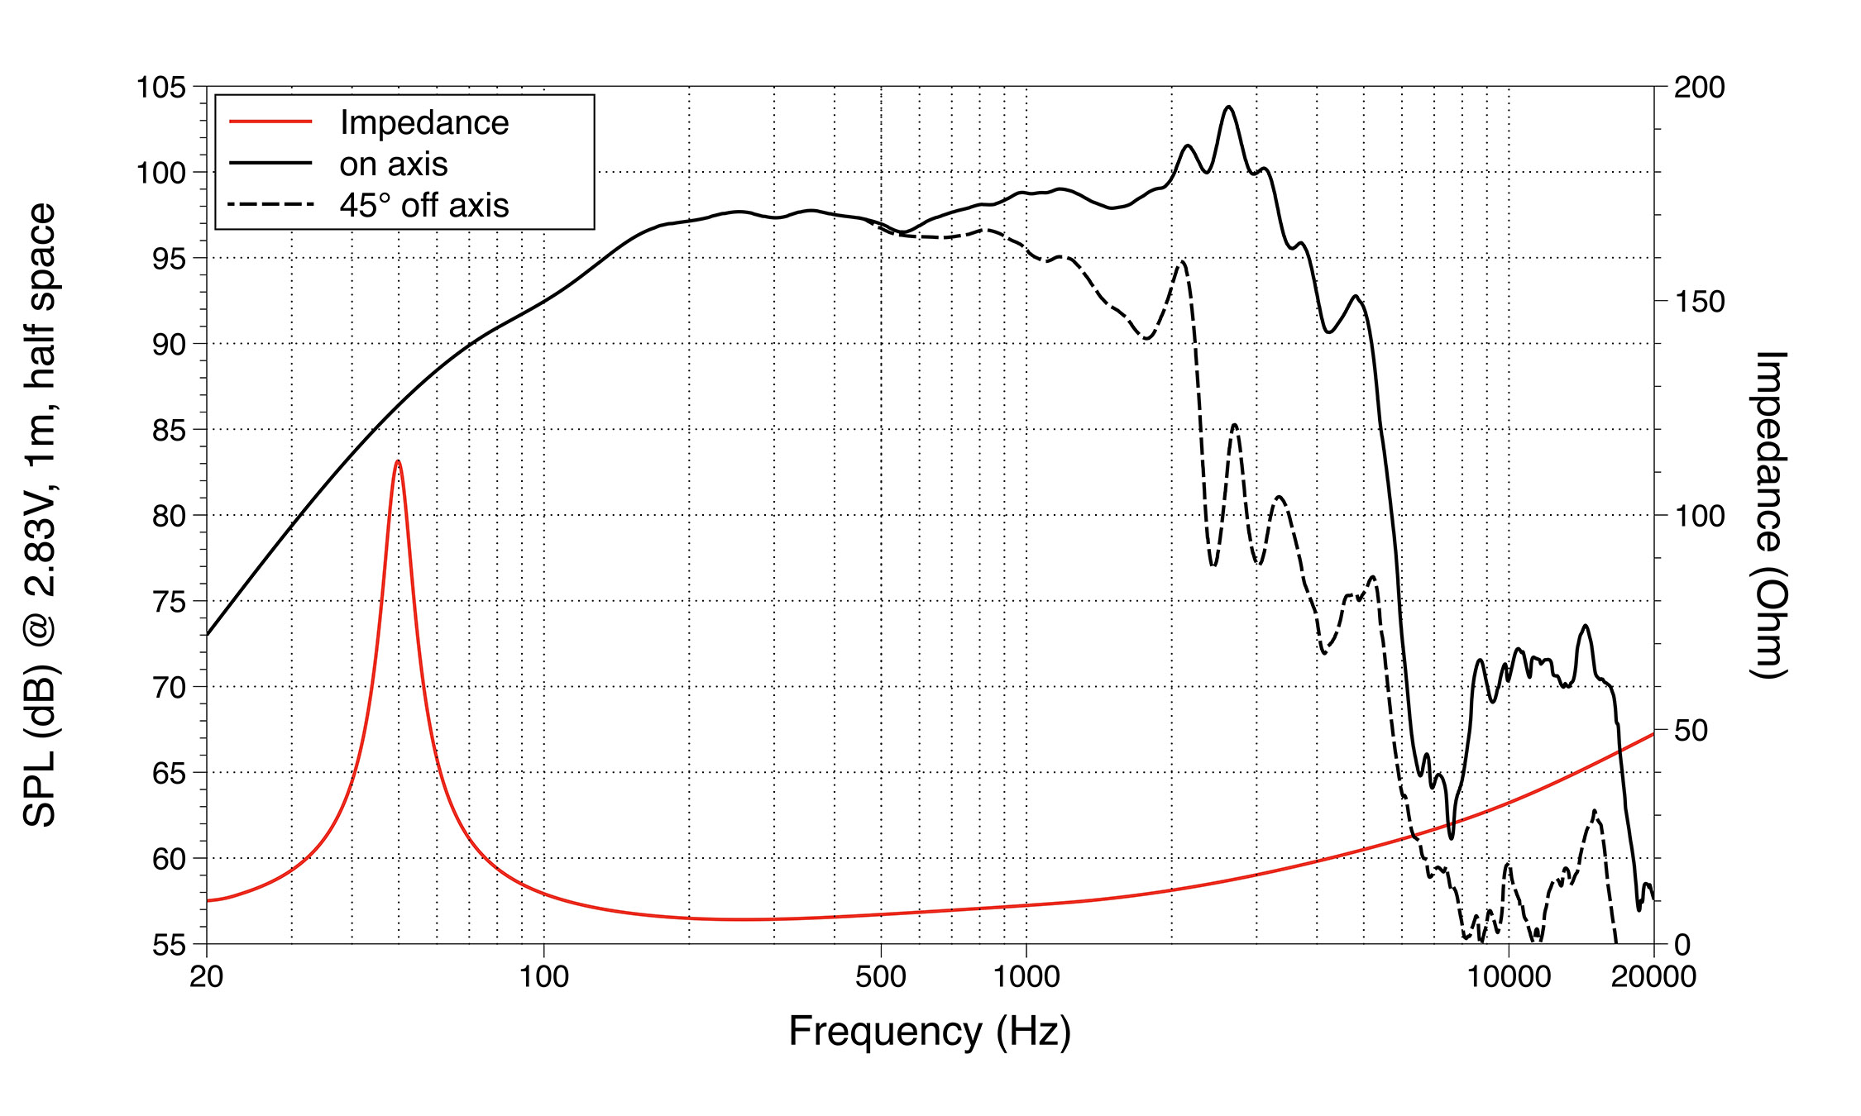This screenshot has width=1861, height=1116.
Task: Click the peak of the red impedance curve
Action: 398,462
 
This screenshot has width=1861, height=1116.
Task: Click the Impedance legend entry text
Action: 424,122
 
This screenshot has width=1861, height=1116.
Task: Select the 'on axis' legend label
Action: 394,164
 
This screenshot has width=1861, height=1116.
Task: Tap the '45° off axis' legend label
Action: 424,205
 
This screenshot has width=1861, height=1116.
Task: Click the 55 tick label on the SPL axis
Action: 169,944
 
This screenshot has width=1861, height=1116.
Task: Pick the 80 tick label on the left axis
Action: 169,516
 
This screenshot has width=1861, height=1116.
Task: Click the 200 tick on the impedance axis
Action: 1699,87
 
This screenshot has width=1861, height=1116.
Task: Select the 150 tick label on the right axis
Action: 1699,301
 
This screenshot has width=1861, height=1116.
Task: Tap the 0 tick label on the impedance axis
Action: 1682,944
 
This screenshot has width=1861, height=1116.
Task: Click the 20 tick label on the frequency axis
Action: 207,977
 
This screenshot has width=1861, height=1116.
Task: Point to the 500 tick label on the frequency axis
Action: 881,977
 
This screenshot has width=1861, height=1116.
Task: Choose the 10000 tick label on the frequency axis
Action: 1509,977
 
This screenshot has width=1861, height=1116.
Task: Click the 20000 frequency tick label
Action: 1653,977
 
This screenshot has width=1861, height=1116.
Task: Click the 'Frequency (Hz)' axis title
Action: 930,1032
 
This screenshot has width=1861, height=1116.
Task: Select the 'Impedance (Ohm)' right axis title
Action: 1769,514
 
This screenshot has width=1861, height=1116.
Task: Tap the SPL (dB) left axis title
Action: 40,514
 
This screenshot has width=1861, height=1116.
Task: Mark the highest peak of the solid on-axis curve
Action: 1228,107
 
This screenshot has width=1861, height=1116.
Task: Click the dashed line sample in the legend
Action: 270,204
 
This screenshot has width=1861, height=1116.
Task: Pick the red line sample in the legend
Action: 270,122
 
